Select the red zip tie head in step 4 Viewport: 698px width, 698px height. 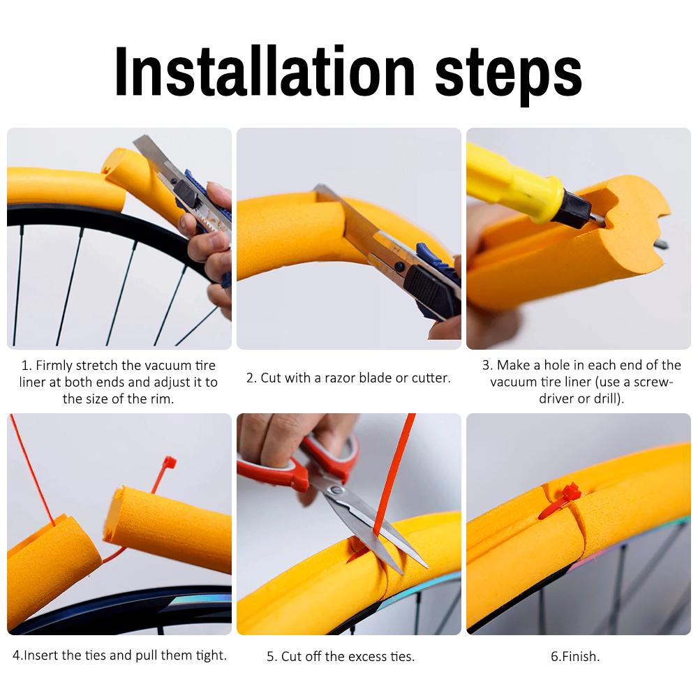tap(168, 463)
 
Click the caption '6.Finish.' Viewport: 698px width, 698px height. tap(574, 656)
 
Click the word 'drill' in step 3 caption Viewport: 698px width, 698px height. tap(606, 399)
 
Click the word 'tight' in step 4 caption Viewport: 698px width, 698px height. tap(210, 655)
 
